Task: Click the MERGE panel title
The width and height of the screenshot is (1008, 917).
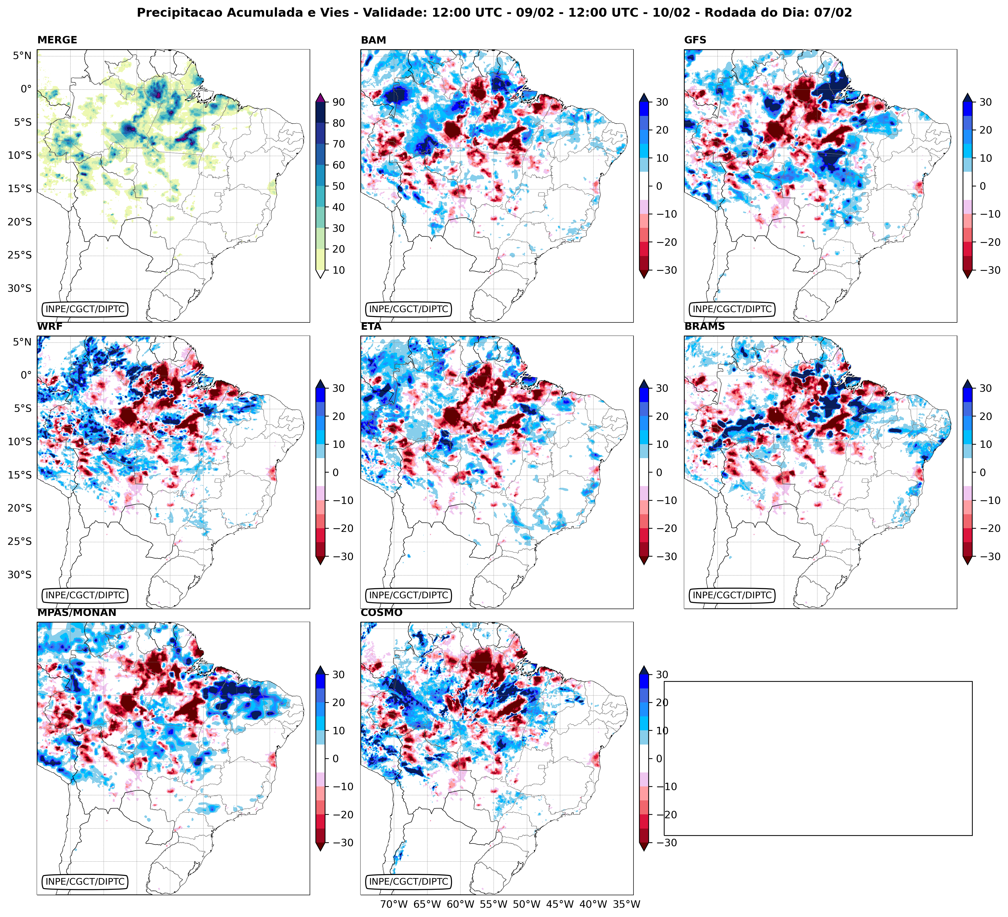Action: click(x=57, y=40)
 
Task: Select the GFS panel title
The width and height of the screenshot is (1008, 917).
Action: click(x=695, y=40)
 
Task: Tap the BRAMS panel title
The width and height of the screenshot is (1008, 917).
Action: click(x=704, y=327)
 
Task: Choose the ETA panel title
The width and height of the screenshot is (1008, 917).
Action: click(x=371, y=327)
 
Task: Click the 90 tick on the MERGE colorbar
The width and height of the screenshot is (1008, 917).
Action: click(x=339, y=102)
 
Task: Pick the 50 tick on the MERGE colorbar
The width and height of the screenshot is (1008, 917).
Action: click(x=339, y=186)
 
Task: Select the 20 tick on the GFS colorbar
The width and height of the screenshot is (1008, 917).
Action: click(x=985, y=130)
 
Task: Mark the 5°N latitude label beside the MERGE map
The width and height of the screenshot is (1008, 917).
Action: click(x=22, y=56)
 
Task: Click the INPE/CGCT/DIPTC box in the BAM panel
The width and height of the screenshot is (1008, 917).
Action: click(x=409, y=309)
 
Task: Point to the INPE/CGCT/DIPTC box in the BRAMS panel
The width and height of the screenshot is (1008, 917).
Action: click(x=732, y=595)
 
